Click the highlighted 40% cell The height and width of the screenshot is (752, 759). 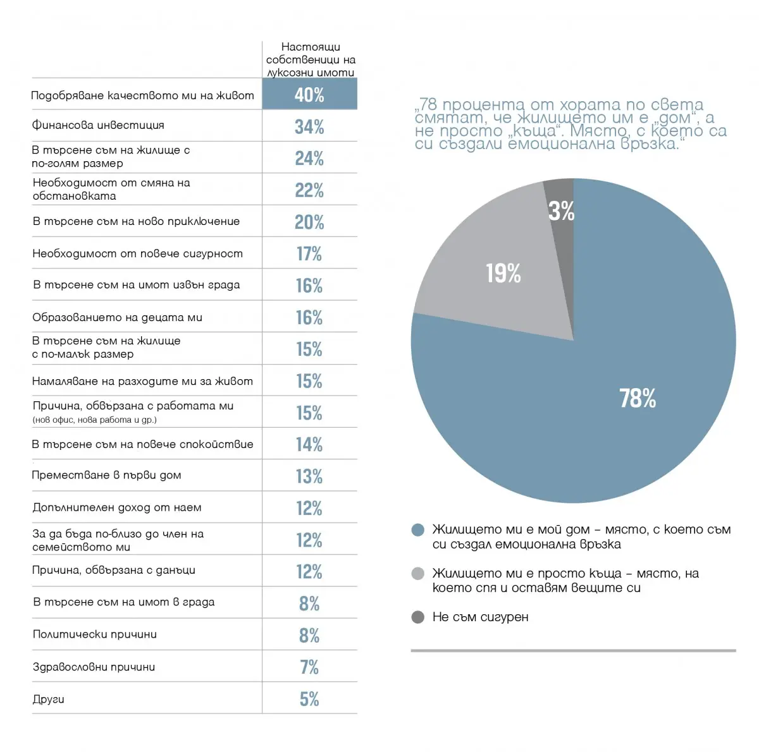coord(309,95)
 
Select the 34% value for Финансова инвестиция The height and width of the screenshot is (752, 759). coord(309,127)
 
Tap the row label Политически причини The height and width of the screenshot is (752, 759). coord(95,634)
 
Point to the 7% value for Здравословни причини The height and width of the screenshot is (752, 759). coord(309,667)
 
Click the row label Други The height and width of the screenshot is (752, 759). coord(49,700)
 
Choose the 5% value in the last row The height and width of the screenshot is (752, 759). coord(309,699)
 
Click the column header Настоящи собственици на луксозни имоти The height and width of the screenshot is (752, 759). coord(311,60)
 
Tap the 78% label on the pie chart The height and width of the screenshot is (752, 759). coord(638,399)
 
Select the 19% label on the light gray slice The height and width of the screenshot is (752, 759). coord(503,273)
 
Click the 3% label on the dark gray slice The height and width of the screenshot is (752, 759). coord(561,211)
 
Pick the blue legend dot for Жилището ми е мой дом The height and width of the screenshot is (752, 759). coord(417,530)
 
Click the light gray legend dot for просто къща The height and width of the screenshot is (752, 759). coord(417,574)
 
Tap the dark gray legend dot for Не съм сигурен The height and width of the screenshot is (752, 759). coord(417,617)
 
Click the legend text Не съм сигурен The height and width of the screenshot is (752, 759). coord(481,617)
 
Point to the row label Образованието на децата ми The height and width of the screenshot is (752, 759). coord(118,317)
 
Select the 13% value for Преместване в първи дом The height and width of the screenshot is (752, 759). coord(309,476)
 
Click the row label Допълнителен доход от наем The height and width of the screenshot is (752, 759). coord(117,507)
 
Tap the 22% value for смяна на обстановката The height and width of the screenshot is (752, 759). coord(309,190)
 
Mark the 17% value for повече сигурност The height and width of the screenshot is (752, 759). coord(309,254)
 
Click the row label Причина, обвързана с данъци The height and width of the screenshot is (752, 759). coord(114,571)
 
